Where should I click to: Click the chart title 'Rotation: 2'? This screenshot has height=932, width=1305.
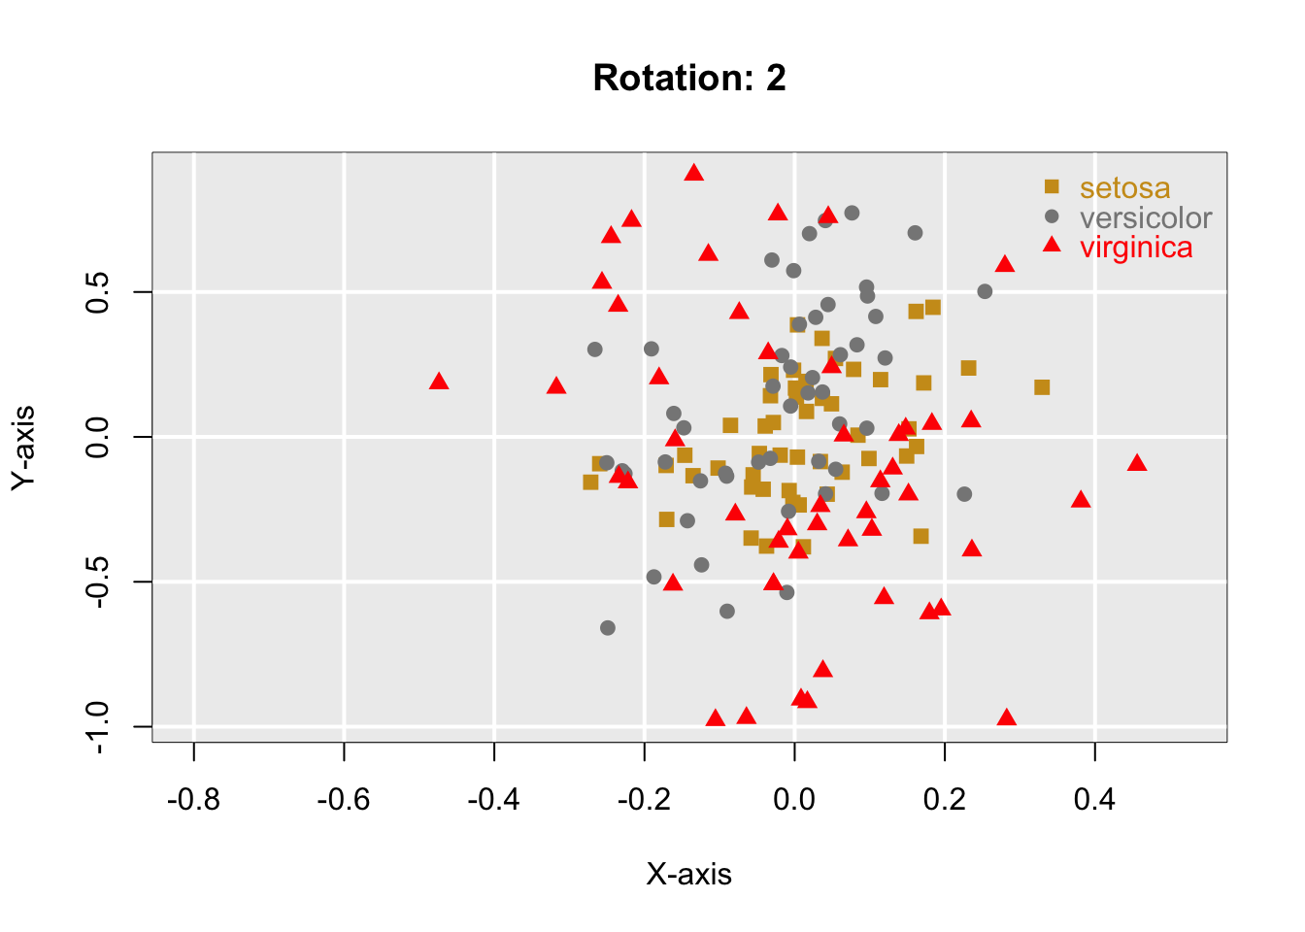689,78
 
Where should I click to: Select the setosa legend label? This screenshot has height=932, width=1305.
1124,188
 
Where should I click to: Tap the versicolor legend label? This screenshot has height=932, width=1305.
1146,217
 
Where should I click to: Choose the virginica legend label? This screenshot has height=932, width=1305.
1136,248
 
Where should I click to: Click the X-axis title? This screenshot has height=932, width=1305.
688,875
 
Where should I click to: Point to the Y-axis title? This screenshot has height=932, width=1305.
24,448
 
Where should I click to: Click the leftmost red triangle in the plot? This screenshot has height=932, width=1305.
439,382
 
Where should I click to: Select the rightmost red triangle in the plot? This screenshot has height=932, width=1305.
1137,463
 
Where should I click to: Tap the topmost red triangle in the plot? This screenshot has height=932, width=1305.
693,173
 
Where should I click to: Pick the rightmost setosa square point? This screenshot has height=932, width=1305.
1042,387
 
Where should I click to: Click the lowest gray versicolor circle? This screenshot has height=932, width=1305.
607,628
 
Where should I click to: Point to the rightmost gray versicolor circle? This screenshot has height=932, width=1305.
985,291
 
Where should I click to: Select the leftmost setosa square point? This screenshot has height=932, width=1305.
590,483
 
